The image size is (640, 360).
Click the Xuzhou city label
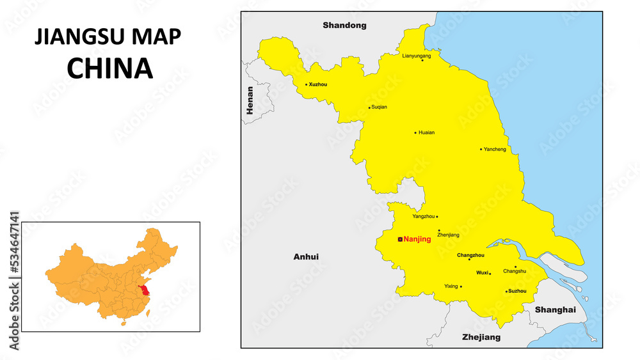(318, 84)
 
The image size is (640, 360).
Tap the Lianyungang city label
(416, 56)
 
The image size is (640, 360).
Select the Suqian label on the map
(379, 107)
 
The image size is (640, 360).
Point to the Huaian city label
(426, 133)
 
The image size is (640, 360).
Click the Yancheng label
(495, 150)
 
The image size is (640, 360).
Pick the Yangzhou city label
(423, 216)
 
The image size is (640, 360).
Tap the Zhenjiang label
(448, 235)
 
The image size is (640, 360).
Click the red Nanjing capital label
(417, 239)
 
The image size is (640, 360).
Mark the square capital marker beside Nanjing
(400, 239)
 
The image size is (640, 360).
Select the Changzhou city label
(470, 255)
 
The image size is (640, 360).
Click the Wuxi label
(482, 272)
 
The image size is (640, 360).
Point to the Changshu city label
(515, 271)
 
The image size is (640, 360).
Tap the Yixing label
(451, 286)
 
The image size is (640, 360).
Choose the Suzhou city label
(517, 291)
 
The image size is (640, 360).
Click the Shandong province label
(344, 26)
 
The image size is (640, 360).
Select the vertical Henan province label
(250, 100)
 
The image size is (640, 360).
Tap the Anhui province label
(306, 257)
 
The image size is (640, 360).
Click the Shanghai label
(555, 309)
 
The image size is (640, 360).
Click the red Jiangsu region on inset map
(146, 292)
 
